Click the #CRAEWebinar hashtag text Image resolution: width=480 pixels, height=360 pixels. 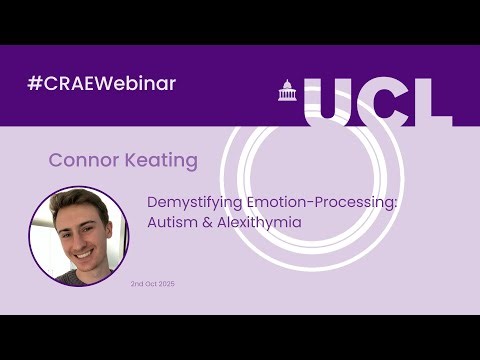(102, 83)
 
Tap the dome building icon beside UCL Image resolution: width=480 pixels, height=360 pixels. (286, 92)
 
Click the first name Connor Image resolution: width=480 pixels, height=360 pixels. (78, 160)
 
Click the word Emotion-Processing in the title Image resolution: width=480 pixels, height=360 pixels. (317, 201)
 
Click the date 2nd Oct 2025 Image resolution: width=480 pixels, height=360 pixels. (153, 284)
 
